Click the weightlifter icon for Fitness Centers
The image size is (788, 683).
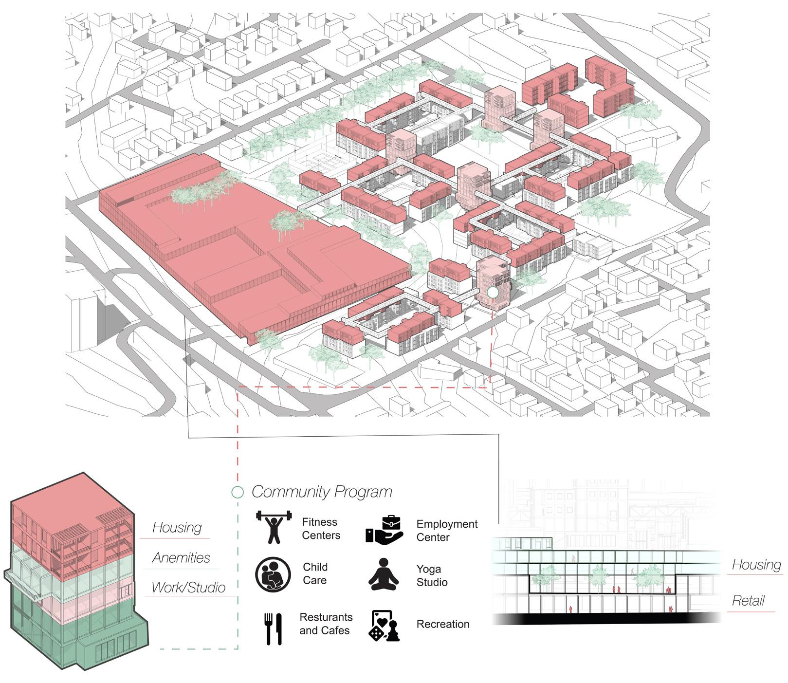(274, 527)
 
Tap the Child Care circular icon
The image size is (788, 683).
(273, 574)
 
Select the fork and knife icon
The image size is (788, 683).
(273, 628)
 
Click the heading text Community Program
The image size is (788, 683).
(322, 492)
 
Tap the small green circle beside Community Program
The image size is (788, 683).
(238, 492)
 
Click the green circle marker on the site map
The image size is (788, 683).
(493, 292)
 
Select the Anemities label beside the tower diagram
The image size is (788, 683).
(181, 558)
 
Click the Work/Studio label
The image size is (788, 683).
(188, 588)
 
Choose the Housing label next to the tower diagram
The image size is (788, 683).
(177, 528)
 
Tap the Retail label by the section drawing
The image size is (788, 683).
(748, 601)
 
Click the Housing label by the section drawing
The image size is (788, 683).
(756, 565)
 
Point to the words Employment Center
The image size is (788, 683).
(446, 531)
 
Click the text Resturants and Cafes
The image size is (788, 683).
(325, 624)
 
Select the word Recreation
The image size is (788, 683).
(443, 624)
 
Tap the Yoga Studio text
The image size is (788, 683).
(432, 575)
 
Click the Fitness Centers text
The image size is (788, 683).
(320, 529)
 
